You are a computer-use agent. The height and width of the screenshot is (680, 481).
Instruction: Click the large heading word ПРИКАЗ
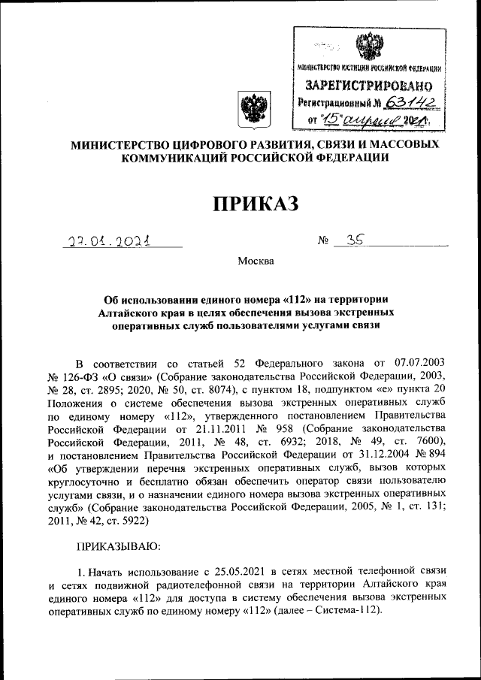pyautogui.click(x=256, y=203)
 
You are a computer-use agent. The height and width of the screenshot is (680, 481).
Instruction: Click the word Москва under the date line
pyautogui.click(x=256, y=262)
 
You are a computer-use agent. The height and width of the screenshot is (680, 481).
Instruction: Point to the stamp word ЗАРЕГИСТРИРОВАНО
pyautogui.click(x=367, y=86)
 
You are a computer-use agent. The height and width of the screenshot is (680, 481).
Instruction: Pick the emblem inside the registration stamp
pyautogui.click(x=368, y=47)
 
